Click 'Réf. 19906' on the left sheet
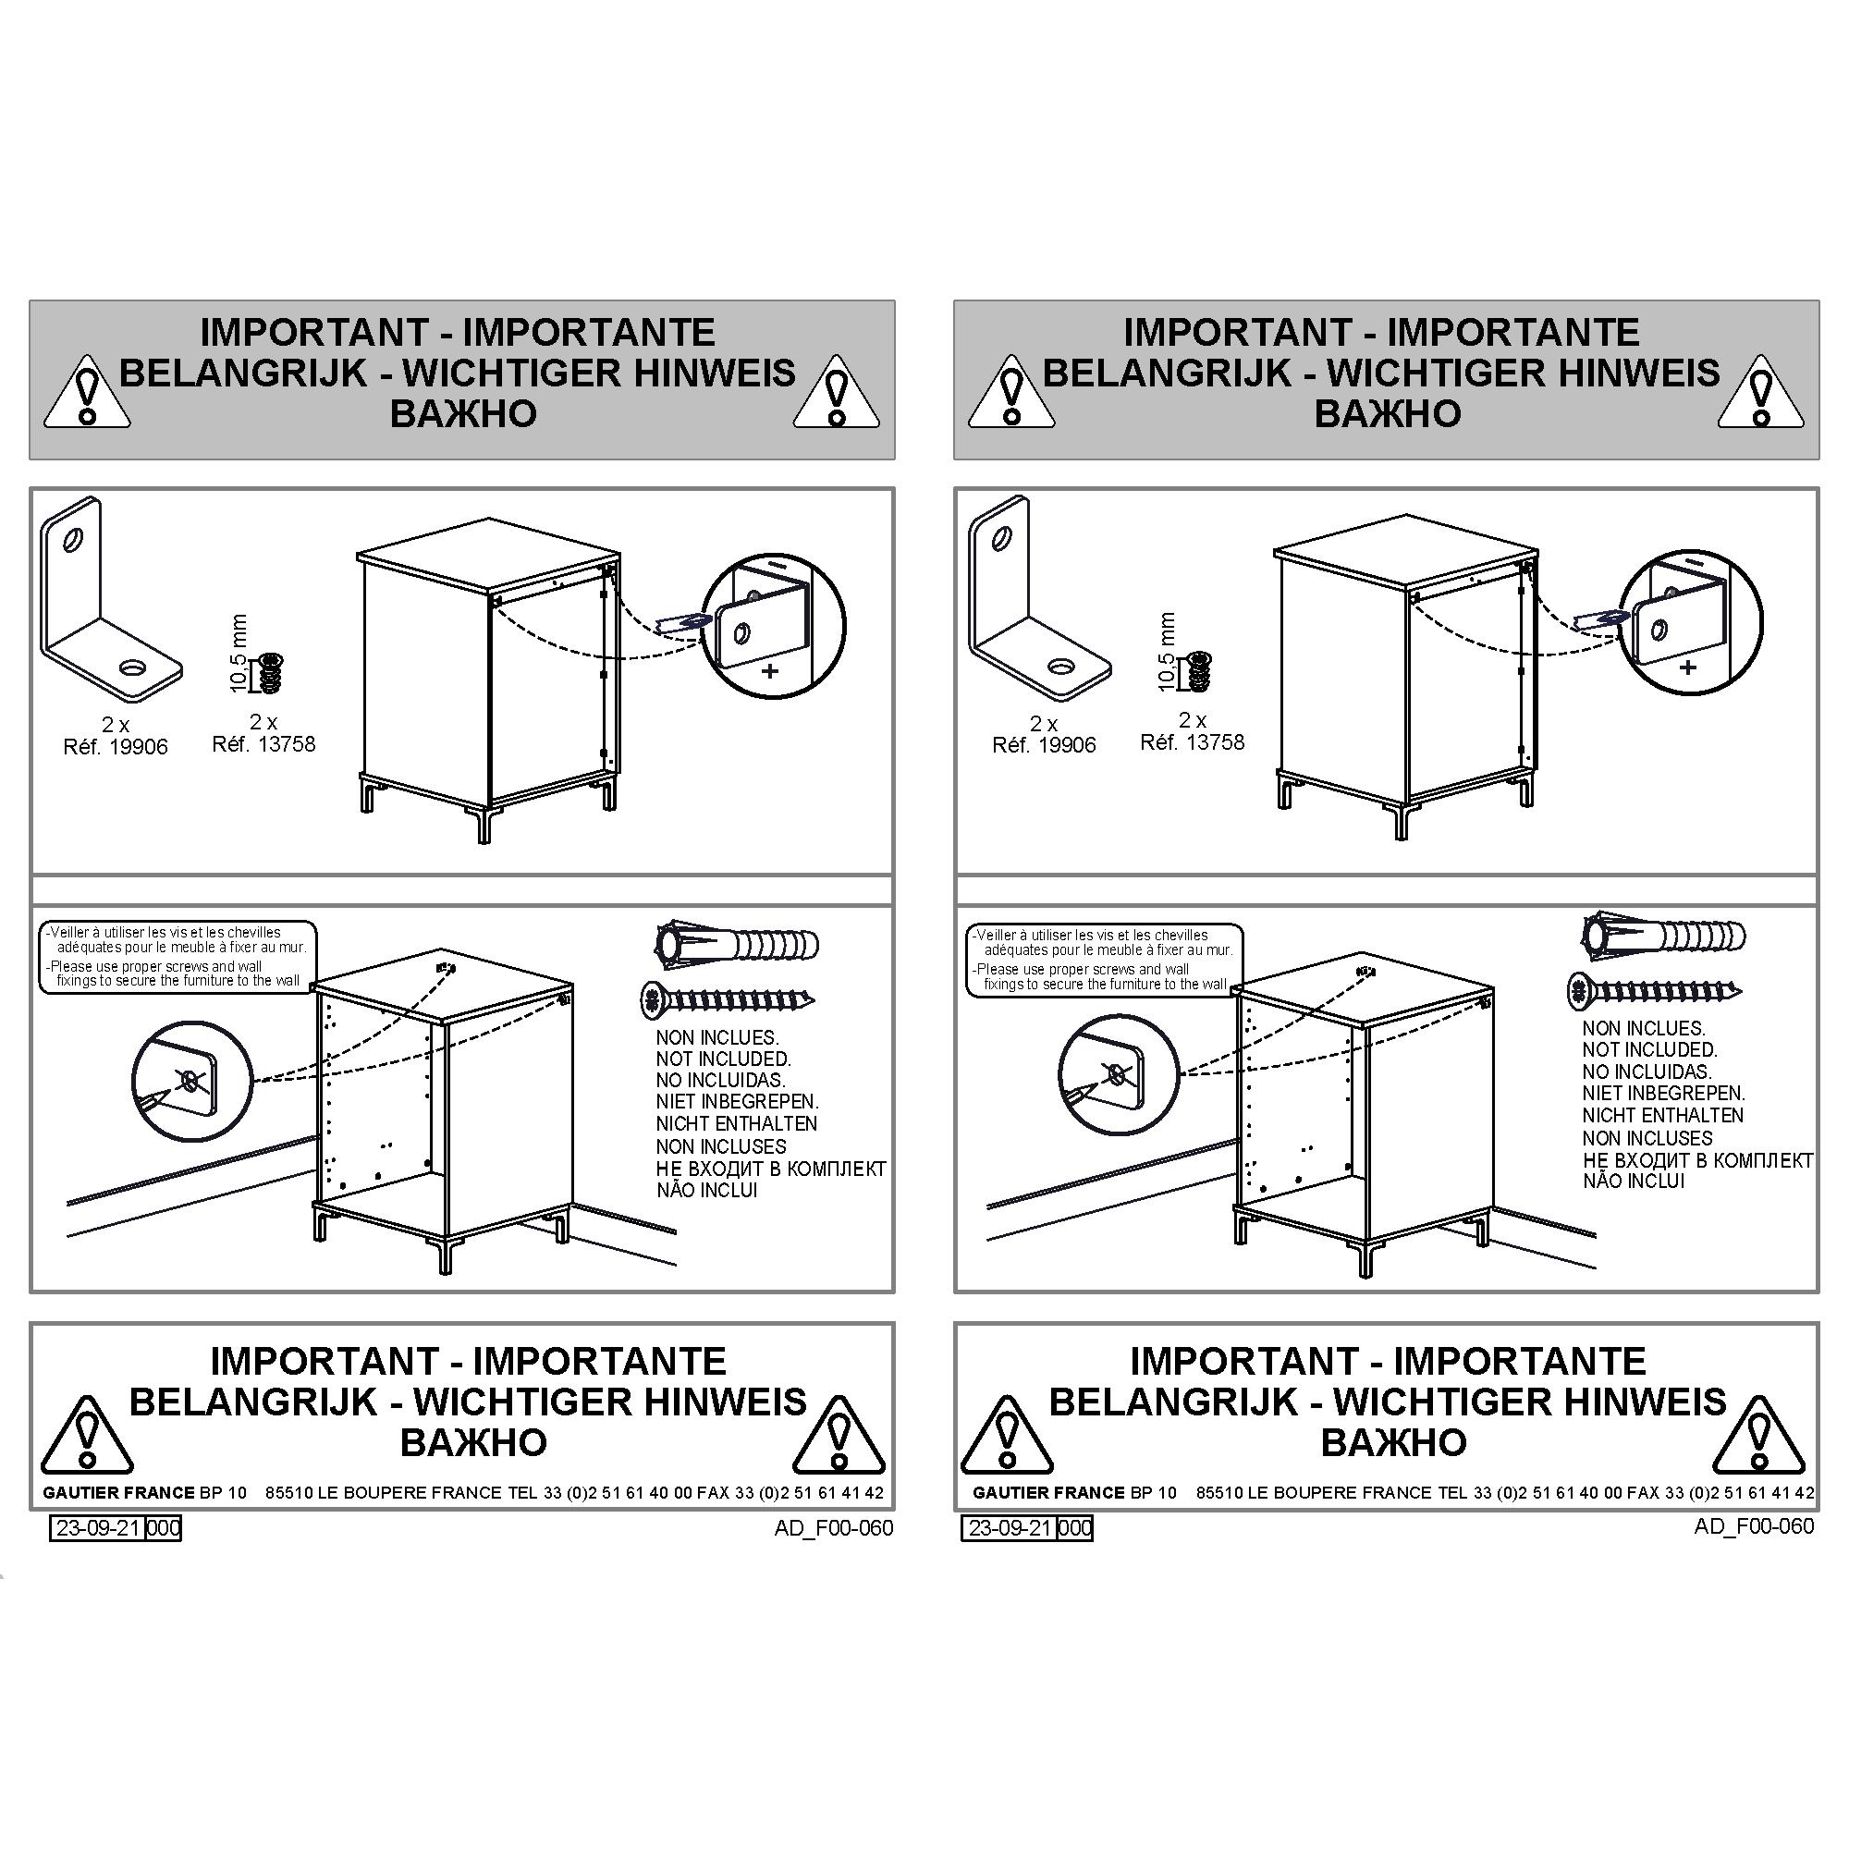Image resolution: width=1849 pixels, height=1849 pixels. click(x=115, y=746)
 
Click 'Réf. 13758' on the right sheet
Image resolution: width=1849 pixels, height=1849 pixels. click(x=1192, y=742)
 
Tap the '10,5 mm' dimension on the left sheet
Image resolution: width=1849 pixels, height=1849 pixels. click(x=239, y=654)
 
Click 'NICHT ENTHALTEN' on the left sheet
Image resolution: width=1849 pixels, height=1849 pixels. click(x=736, y=1123)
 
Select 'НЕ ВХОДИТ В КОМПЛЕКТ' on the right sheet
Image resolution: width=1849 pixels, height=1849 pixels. click(x=1697, y=1160)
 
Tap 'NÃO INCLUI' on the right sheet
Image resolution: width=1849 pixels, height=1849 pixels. click(x=1633, y=1181)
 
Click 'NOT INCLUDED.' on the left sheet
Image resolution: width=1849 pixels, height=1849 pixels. click(x=724, y=1059)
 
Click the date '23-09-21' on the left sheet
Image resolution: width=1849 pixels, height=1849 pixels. click(x=98, y=1527)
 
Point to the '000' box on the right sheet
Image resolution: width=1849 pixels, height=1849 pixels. click(x=1075, y=1527)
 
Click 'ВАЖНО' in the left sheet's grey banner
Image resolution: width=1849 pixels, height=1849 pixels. click(x=463, y=413)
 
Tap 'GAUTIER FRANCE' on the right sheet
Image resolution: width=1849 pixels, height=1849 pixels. click(x=1049, y=1492)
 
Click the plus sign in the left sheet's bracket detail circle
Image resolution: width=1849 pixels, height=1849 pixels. click(x=769, y=670)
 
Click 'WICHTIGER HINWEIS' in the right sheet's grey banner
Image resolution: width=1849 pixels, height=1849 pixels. click(x=1523, y=373)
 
